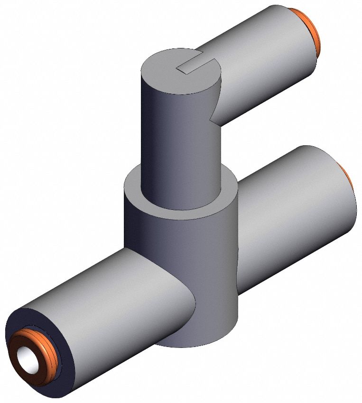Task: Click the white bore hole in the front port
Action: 27,356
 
